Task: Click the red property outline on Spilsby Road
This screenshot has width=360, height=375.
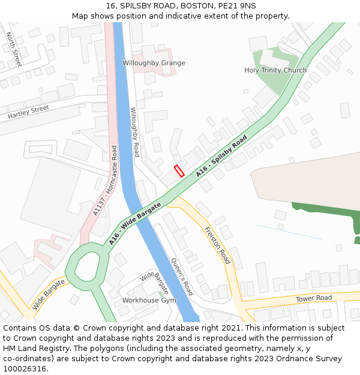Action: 178,170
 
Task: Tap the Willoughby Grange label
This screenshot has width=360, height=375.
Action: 154,63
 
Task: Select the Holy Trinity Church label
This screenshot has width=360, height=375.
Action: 275,70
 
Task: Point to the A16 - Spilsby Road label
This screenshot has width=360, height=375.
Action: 221,156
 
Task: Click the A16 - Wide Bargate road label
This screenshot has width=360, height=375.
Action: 135,224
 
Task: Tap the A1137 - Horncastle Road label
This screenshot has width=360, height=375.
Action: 106,181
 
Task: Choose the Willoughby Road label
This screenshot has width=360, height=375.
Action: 136,132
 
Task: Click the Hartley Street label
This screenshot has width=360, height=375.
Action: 28,112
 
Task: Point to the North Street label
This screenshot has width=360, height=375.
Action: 14,49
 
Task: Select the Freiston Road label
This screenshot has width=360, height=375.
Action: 217,245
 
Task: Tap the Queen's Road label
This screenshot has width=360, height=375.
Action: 182,277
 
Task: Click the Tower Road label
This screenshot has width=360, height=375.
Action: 313,298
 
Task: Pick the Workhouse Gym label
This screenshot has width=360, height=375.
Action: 149,300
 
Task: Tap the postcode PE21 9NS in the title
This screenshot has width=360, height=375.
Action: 237,5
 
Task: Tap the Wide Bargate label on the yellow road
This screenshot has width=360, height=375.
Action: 49,293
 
